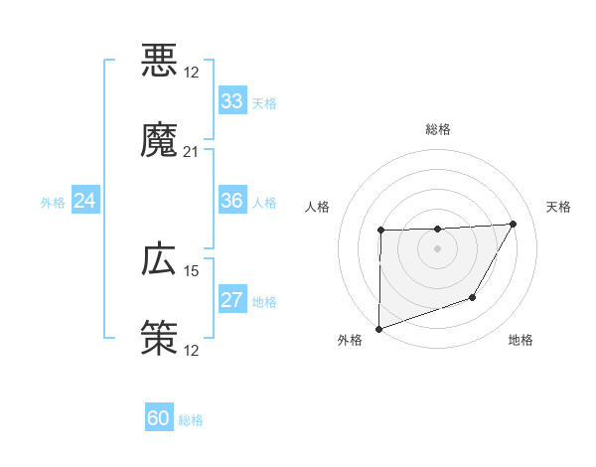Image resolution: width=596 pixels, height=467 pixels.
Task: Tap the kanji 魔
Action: click(x=159, y=140)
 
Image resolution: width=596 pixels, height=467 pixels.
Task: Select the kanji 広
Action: click(x=159, y=259)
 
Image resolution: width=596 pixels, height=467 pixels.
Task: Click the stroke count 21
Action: click(x=192, y=151)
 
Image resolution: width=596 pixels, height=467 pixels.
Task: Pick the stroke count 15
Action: click(x=192, y=270)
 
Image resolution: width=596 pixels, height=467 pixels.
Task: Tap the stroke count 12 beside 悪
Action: click(x=192, y=73)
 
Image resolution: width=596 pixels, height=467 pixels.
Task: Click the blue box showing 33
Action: click(x=232, y=101)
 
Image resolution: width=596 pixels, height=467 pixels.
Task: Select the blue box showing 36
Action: click(x=232, y=201)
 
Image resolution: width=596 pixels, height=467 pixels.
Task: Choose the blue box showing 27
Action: click(x=232, y=300)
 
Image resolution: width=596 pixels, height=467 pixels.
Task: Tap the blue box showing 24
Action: click(x=85, y=201)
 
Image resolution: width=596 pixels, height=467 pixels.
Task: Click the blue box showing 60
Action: click(x=159, y=418)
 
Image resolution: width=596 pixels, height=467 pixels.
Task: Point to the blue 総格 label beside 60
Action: click(x=191, y=420)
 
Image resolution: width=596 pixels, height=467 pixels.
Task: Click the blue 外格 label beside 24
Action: click(x=53, y=203)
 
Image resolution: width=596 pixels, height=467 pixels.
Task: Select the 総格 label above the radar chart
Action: click(x=438, y=129)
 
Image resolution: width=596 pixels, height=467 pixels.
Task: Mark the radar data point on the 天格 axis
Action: click(x=513, y=224)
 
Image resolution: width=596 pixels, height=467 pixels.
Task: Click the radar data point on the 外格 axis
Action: click(x=378, y=328)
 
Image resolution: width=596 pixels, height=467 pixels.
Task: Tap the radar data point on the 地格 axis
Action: click(x=473, y=297)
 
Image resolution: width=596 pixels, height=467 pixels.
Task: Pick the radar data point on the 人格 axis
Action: click(x=381, y=231)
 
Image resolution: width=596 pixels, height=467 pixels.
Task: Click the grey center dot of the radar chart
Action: click(x=437, y=248)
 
